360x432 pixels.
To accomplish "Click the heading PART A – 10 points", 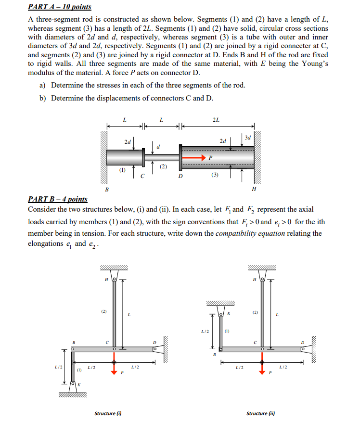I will tap(60, 7).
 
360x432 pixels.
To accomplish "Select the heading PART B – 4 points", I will tap(58, 199).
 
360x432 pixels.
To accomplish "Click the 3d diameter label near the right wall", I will tap(247, 138).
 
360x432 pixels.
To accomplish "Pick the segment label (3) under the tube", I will tap(215, 175).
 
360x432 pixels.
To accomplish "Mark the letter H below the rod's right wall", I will tap(254, 189).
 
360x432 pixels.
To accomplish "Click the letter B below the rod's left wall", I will tap(107, 189).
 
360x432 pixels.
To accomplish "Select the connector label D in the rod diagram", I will tap(180, 176).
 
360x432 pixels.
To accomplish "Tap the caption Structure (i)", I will tap(108, 413).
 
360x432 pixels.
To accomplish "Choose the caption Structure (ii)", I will tap(260, 413).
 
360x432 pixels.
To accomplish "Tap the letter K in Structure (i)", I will tap(79, 385).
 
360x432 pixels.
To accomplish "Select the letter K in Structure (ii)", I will tap(228, 313).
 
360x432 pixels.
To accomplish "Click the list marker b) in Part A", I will tap(43, 98).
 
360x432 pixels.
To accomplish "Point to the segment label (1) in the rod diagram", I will tap(123, 169).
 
